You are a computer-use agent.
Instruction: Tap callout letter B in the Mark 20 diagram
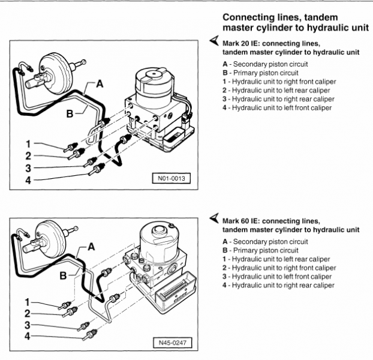coord(70,112)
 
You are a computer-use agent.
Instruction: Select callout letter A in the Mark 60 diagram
coord(91,245)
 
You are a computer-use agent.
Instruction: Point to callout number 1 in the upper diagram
coord(28,143)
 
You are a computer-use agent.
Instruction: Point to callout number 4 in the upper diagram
coord(28,179)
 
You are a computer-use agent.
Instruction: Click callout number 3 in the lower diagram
coord(28,325)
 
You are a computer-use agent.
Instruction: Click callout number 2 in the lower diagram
coord(28,313)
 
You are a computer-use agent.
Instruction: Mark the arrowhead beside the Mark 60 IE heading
coord(214,218)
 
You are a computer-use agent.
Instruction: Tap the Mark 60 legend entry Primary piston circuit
coord(264,250)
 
